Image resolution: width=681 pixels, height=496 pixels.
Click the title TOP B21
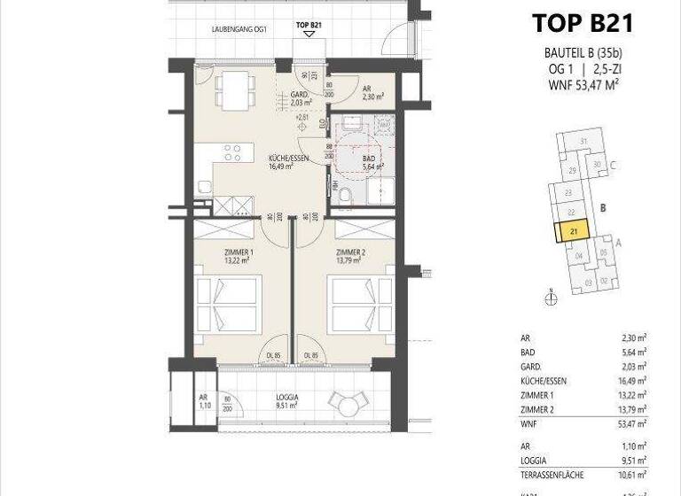pos(582,21)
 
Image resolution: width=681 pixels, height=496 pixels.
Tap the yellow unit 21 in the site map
pos(574,232)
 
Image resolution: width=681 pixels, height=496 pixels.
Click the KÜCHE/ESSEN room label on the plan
pos(288,159)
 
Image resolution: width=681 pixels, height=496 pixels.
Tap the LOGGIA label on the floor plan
pos(286,398)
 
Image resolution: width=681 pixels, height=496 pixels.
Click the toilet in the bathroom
pos(345,193)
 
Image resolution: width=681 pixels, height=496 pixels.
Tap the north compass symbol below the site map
pos(550,298)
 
